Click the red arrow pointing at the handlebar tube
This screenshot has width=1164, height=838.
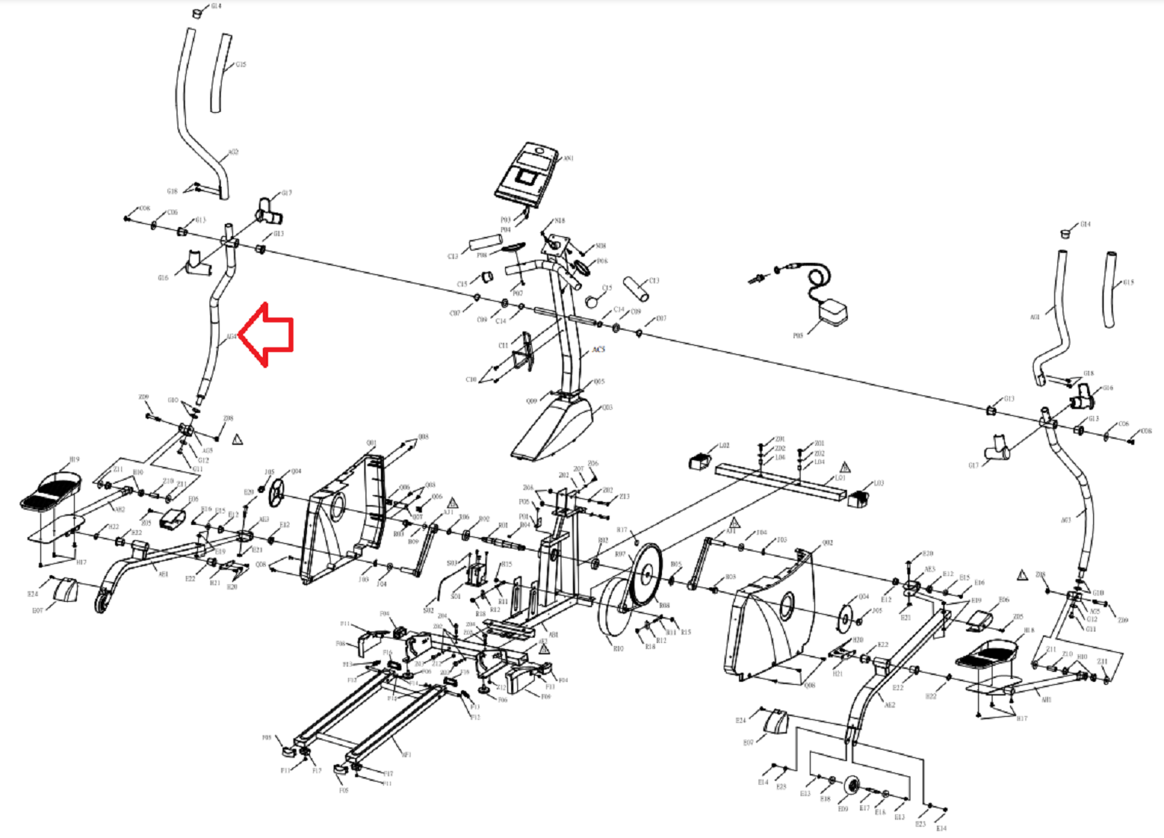tap(267, 334)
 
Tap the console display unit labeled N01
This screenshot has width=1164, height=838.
tap(526, 174)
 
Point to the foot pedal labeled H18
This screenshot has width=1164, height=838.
tap(987, 654)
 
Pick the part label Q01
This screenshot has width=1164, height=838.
tap(371, 443)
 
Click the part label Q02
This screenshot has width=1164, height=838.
tap(827, 543)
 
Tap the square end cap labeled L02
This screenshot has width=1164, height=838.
tap(700, 461)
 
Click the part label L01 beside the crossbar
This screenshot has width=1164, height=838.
tap(840, 478)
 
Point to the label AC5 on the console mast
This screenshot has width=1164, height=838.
tap(599, 350)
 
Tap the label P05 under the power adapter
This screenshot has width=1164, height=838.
tap(798, 335)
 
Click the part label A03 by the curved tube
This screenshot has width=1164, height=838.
tap(1065, 520)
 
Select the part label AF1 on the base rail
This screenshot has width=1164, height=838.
tap(406, 755)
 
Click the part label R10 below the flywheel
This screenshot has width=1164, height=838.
tap(618, 648)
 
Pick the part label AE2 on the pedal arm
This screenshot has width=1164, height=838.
tap(889, 705)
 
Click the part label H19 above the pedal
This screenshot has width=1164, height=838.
tap(74, 459)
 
